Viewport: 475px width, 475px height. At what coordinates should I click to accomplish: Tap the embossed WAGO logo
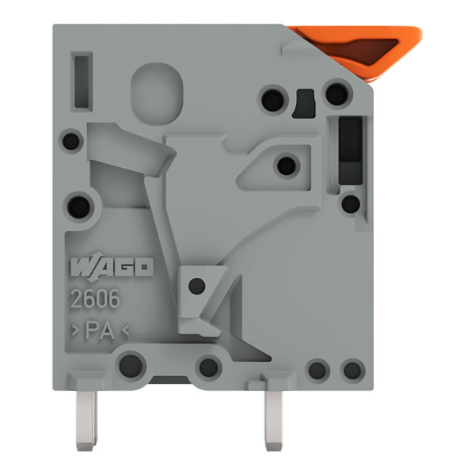pyautogui.click(x=112, y=267)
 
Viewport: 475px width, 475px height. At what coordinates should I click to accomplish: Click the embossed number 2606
pyautogui.click(x=95, y=299)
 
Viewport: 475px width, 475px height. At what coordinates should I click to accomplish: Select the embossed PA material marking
pyautogui.click(x=101, y=330)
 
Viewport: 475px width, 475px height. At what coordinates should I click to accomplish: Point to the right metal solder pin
pyautogui.click(x=273, y=420)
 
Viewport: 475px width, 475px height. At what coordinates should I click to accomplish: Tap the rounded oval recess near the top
pyautogui.click(x=157, y=93)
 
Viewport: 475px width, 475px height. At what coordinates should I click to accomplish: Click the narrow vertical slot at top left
pyautogui.click(x=82, y=82)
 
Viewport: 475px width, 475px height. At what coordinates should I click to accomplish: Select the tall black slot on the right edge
pyautogui.click(x=351, y=150)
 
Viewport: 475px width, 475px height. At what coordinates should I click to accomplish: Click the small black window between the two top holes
pyautogui.click(x=304, y=103)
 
